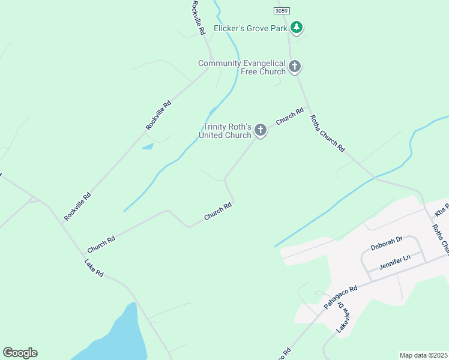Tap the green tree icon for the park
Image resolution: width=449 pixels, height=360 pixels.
[296, 27]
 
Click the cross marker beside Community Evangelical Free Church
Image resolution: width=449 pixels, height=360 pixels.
[295, 66]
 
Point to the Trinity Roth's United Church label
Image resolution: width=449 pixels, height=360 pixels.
[227, 131]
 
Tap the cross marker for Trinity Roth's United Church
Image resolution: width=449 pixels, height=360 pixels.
[260, 130]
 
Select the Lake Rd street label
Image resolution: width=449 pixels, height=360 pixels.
[94, 268]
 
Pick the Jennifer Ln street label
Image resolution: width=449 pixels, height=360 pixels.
[394, 262]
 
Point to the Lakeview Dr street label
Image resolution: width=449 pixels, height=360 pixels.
[342, 317]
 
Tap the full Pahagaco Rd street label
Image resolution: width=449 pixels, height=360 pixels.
[340, 296]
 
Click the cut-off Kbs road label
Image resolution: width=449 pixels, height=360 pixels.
[442, 210]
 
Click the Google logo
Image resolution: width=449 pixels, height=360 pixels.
[20, 353]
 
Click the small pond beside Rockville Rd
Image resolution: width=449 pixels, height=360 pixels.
[148, 146]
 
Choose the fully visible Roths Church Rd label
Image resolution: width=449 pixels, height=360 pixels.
[328, 132]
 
